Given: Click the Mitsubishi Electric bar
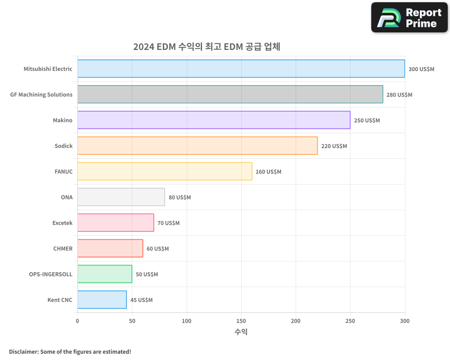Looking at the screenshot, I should [241, 69].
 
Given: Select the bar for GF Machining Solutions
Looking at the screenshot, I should [230, 94].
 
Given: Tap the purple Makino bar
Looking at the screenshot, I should [214, 120].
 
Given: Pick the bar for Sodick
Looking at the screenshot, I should [197, 146].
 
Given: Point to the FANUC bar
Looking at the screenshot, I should [165, 171].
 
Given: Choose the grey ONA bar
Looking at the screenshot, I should [121, 197].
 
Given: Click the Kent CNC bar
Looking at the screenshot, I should [102, 300].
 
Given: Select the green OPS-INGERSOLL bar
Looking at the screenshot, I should [104, 274].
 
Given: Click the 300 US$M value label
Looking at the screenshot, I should [421, 69].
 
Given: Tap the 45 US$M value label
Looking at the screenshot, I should [141, 300].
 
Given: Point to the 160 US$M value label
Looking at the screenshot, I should [268, 172].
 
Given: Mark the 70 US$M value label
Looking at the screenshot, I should [168, 223].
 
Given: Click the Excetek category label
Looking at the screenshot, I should [62, 223].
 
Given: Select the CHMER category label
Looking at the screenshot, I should [63, 248].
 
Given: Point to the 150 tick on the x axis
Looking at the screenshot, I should [241, 321].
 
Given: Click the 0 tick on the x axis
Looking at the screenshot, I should [77, 321].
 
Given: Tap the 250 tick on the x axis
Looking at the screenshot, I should [350, 321].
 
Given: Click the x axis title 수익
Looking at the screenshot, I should [241, 332].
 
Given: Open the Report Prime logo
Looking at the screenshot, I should [409, 18].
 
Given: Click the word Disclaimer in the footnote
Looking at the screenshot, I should [23, 351].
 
